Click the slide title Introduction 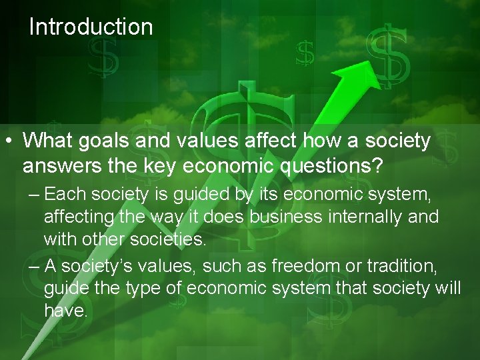click(91, 27)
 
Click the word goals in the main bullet click(107, 141)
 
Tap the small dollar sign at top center click(305, 53)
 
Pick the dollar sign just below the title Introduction click(103, 58)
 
